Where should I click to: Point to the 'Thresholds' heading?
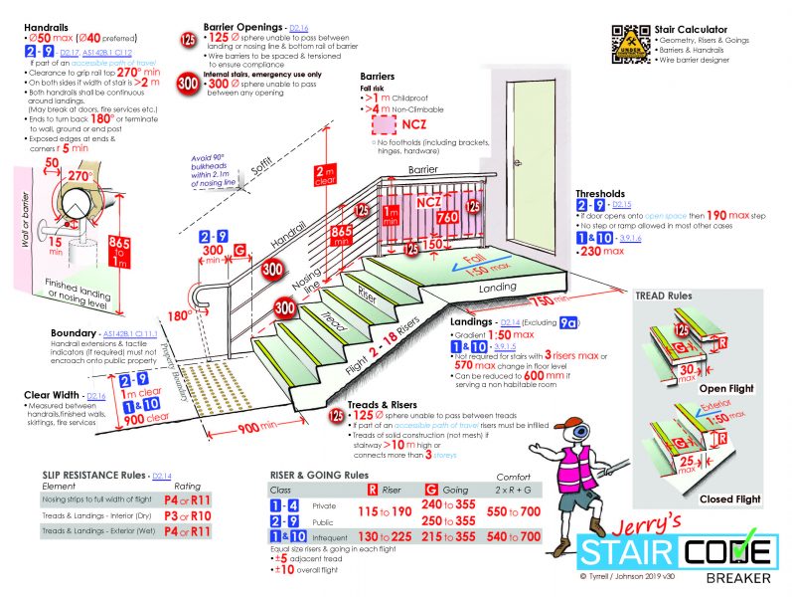(600, 194)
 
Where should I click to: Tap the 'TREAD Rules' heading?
(664, 296)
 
